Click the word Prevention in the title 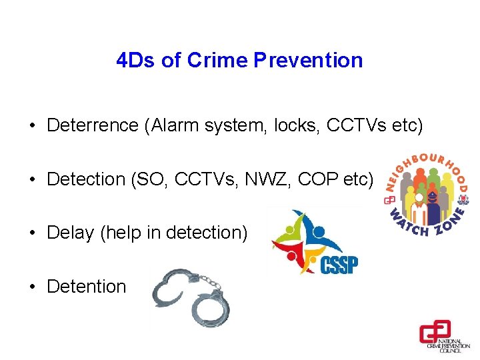tap(308, 60)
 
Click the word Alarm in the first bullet tap(175, 125)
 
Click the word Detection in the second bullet tap(86, 179)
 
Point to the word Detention tap(86, 286)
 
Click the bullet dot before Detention tap(31, 287)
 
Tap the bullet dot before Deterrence tap(31, 126)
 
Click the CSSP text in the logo tap(339, 265)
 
